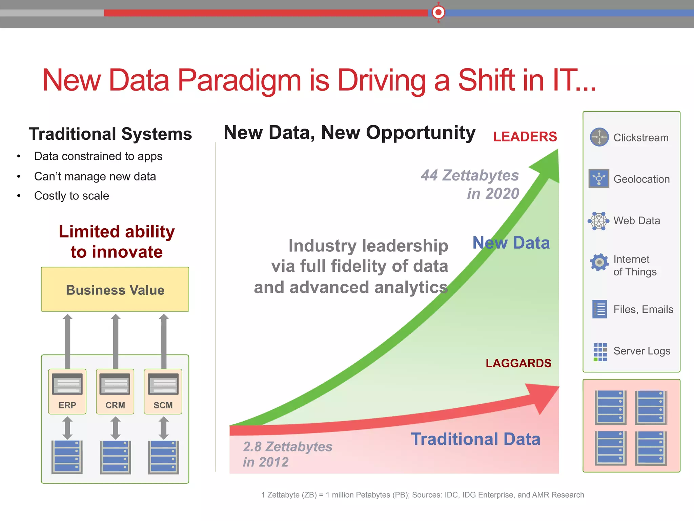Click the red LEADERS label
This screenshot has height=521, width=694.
525,137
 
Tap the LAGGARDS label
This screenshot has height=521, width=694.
518,363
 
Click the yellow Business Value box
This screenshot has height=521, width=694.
115,289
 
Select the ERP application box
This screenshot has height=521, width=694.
67,391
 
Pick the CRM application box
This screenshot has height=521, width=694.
115,391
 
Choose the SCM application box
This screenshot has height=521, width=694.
163,391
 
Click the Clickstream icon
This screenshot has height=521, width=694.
599,137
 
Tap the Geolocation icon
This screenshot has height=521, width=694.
599,178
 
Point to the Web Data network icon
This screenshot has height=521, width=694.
598,221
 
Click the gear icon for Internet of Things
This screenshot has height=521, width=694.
599,262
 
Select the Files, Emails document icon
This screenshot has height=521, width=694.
599,309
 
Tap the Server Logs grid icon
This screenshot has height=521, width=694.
600,352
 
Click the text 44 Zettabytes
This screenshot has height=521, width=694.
470,176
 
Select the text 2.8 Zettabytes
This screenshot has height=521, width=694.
287,447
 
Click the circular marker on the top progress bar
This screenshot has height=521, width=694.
438,13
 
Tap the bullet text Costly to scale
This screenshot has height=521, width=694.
72,196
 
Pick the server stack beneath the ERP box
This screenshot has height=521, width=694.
67,457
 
